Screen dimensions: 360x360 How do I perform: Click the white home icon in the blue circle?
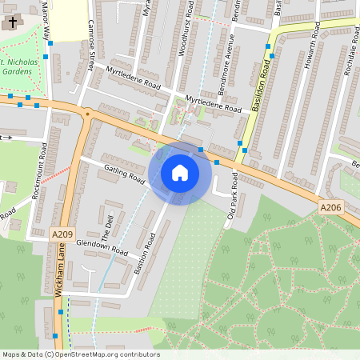coord(180,172)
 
